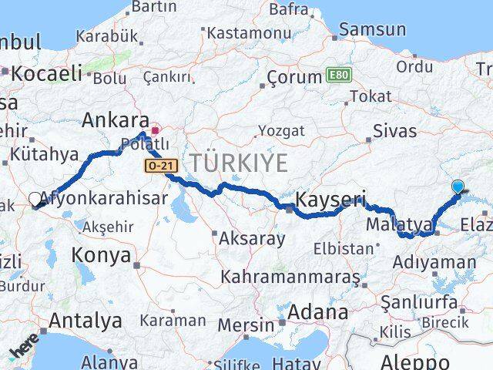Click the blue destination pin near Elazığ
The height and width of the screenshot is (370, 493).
(458, 187)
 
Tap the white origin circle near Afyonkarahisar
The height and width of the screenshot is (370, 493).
(35, 199)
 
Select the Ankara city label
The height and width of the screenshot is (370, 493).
(116, 120)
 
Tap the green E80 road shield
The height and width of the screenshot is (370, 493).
(336, 76)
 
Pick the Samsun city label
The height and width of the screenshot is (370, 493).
(373, 30)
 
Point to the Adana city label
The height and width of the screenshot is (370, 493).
(318, 313)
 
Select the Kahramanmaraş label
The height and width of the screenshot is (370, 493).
(290, 276)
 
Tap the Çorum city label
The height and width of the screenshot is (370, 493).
(293, 77)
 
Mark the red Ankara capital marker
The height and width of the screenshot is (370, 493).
(155, 130)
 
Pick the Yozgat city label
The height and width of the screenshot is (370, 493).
(281, 130)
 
